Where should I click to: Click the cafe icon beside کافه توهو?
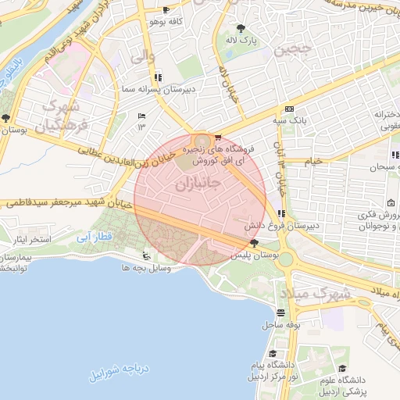166,10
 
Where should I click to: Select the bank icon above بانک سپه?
289,109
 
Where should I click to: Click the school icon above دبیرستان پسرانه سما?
159,77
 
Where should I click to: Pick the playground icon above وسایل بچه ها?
145,255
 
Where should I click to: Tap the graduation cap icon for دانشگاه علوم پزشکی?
341,368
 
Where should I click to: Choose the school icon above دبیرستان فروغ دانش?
280,213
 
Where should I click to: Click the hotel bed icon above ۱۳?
141,116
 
